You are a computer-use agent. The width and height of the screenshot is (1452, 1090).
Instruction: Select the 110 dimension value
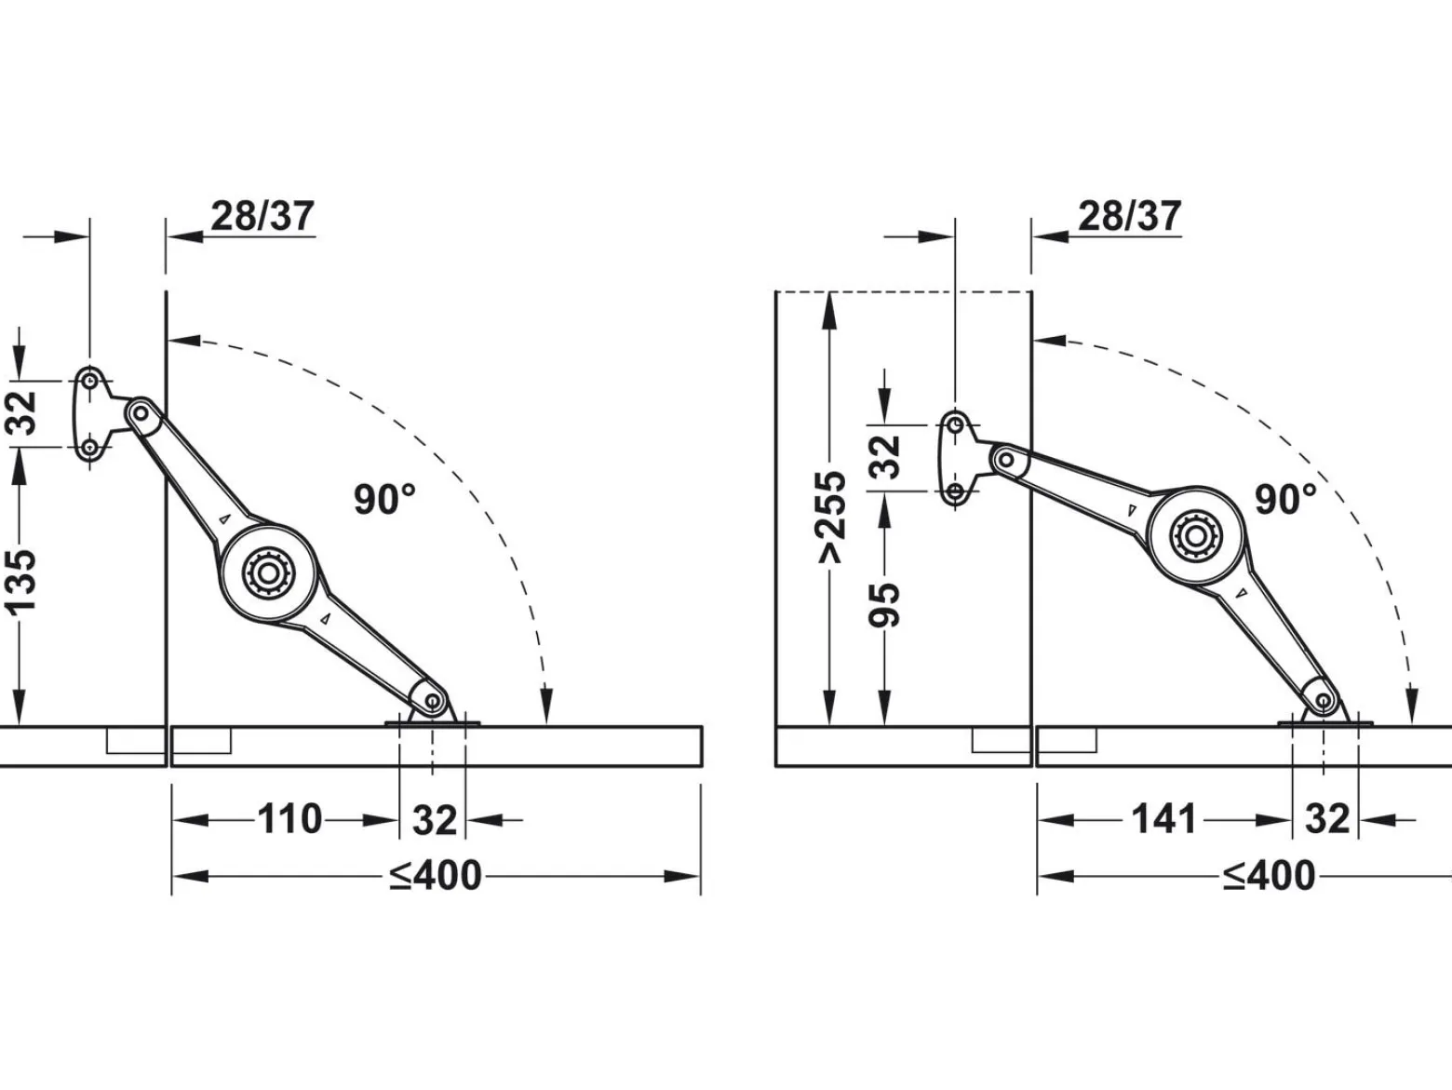point(289,819)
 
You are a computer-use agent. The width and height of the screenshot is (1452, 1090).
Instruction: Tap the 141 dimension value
point(1164,819)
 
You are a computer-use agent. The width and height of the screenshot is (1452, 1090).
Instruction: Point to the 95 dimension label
point(884,604)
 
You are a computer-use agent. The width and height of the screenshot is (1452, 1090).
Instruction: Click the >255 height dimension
point(831,518)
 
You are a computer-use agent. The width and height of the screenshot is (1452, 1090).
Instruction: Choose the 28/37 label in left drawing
point(262,216)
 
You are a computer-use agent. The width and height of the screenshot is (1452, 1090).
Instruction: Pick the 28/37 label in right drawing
point(1130,216)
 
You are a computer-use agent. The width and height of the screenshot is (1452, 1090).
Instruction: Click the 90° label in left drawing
point(385,499)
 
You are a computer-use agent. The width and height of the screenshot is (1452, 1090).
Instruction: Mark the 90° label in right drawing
point(1286,499)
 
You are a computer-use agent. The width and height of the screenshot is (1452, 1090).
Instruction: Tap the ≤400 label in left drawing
point(436,876)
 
